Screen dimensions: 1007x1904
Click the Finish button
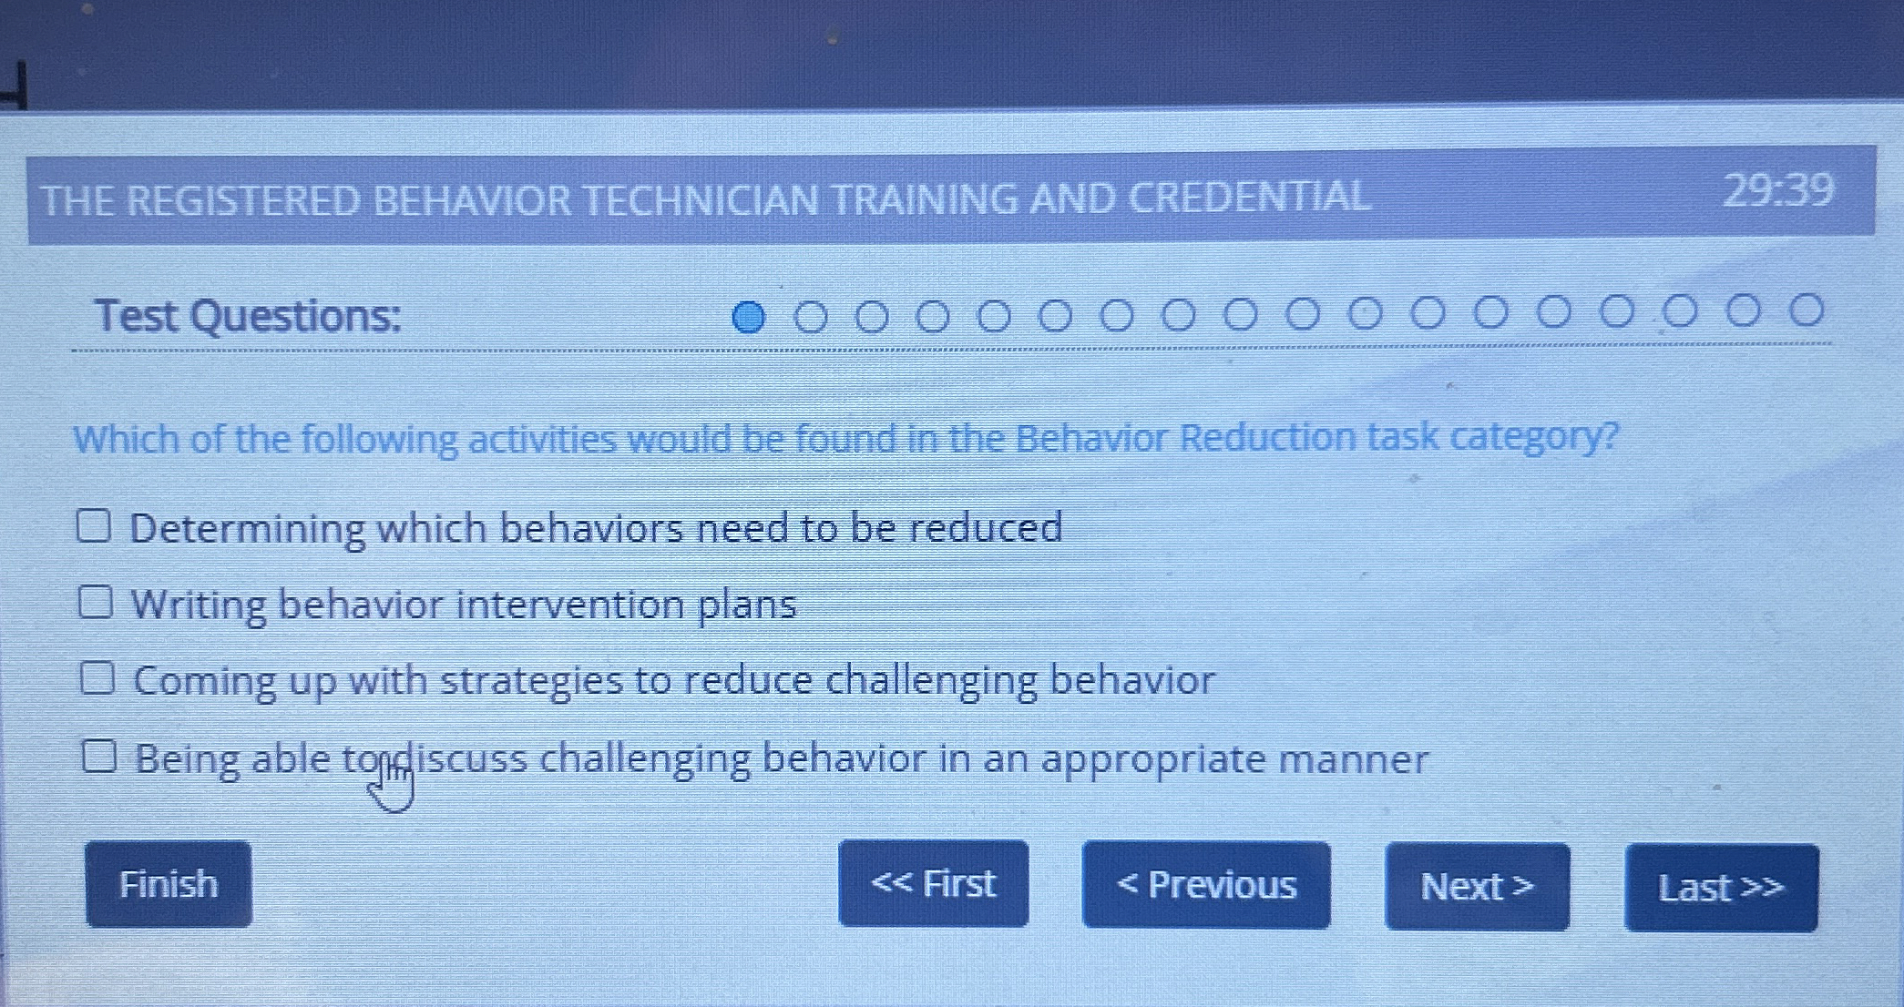(x=169, y=884)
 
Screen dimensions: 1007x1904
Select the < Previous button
(x=1205, y=885)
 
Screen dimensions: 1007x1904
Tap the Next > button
(x=1477, y=887)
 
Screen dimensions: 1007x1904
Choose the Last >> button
(x=1720, y=888)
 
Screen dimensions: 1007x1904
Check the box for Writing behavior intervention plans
(x=96, y=602)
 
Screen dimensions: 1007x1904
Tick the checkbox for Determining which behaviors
(x=94, y=525)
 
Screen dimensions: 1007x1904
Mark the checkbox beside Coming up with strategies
(x=97, y=678)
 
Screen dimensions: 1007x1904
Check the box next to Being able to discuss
(x=99, y=756)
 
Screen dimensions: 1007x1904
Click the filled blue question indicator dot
(x=749, y=317)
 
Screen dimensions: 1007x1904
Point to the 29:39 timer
(x=1777, y=192)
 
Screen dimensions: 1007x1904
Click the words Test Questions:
(x=248, y=316)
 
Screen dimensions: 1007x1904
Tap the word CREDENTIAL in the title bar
(x=1249, y=198)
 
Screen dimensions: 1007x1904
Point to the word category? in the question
(x=1534, y=436)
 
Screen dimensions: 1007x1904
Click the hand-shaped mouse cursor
(x=393, y=785)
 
